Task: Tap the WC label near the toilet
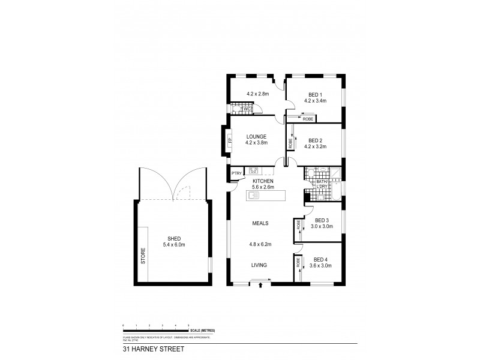[247, 109]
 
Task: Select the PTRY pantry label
[236, 174]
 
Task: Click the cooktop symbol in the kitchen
[253, 170]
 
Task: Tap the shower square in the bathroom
[337, 173]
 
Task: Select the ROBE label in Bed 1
[308, 119]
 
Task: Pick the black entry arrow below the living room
[260, 286]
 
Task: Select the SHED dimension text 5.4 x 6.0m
[174, 245]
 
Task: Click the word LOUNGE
[256, 136]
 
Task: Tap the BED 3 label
[322, 220]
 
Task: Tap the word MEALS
[259, 223]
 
